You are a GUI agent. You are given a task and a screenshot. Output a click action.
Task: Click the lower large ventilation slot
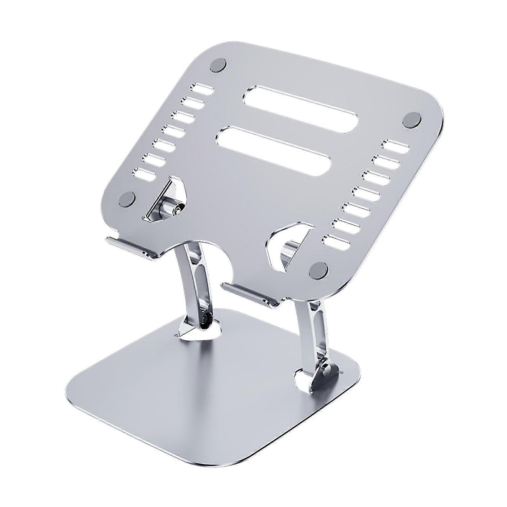(x=274, y=151)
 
